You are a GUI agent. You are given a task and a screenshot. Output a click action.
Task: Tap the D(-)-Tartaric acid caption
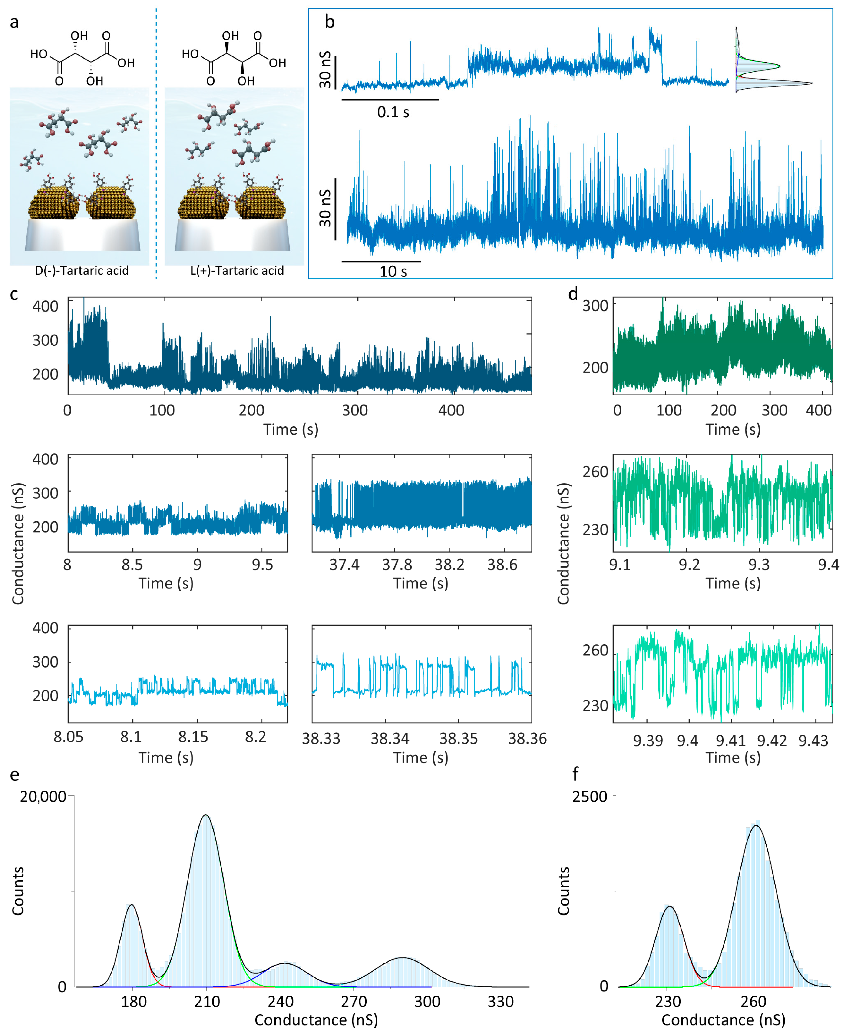click(82, 271)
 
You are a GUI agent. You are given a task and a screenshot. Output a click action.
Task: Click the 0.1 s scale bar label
click(393, 113)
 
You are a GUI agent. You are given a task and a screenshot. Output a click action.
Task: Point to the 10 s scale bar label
click(393, 272)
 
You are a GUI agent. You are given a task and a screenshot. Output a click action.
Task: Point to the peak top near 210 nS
click(206, 815)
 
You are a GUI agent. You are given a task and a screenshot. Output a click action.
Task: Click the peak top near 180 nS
click(131, 905)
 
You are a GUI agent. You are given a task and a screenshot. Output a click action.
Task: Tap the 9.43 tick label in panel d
click(813, 741)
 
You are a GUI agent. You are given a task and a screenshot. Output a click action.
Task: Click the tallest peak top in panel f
click(756, 825)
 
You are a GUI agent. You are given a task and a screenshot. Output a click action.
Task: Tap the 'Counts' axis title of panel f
click(564, 891)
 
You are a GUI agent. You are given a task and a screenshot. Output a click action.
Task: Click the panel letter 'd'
click(573, 294)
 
